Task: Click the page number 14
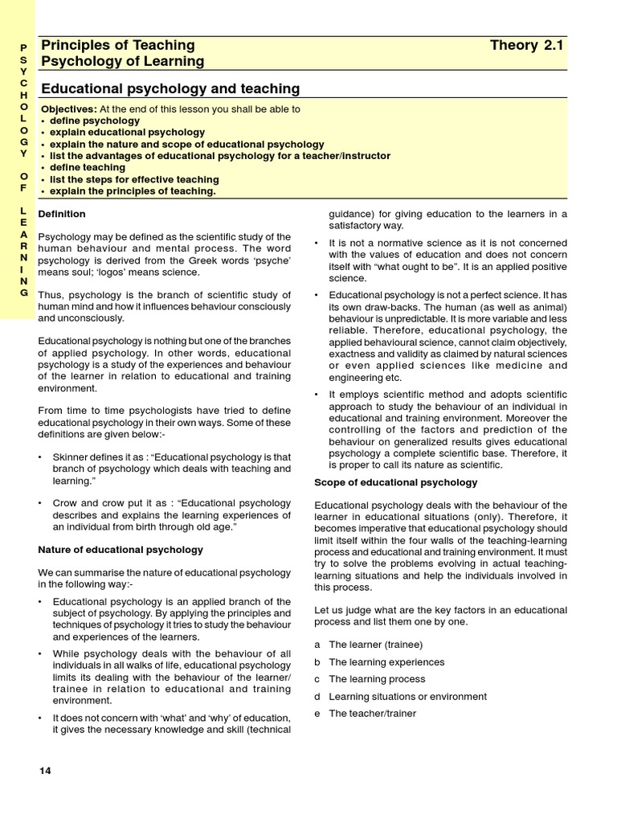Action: [45, 771]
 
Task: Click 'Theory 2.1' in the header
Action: [527, 45]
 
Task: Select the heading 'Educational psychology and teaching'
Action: [170, 88]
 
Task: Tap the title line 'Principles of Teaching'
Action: [118, 45]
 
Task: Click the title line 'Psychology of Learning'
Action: [122, 61]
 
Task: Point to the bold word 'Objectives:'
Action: [69, 109]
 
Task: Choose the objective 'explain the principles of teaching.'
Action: [133, 191]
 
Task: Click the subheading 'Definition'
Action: [62, 214]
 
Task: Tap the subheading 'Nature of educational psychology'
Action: [121, 550]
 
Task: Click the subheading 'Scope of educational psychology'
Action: [395, 482]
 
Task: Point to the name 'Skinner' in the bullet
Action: [71, 457]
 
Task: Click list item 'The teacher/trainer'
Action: [372, 714]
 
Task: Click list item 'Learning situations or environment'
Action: [407, 697]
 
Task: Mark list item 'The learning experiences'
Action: [386, 662]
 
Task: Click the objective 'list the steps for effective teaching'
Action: [134, 179]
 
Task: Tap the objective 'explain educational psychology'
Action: [127, 132]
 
